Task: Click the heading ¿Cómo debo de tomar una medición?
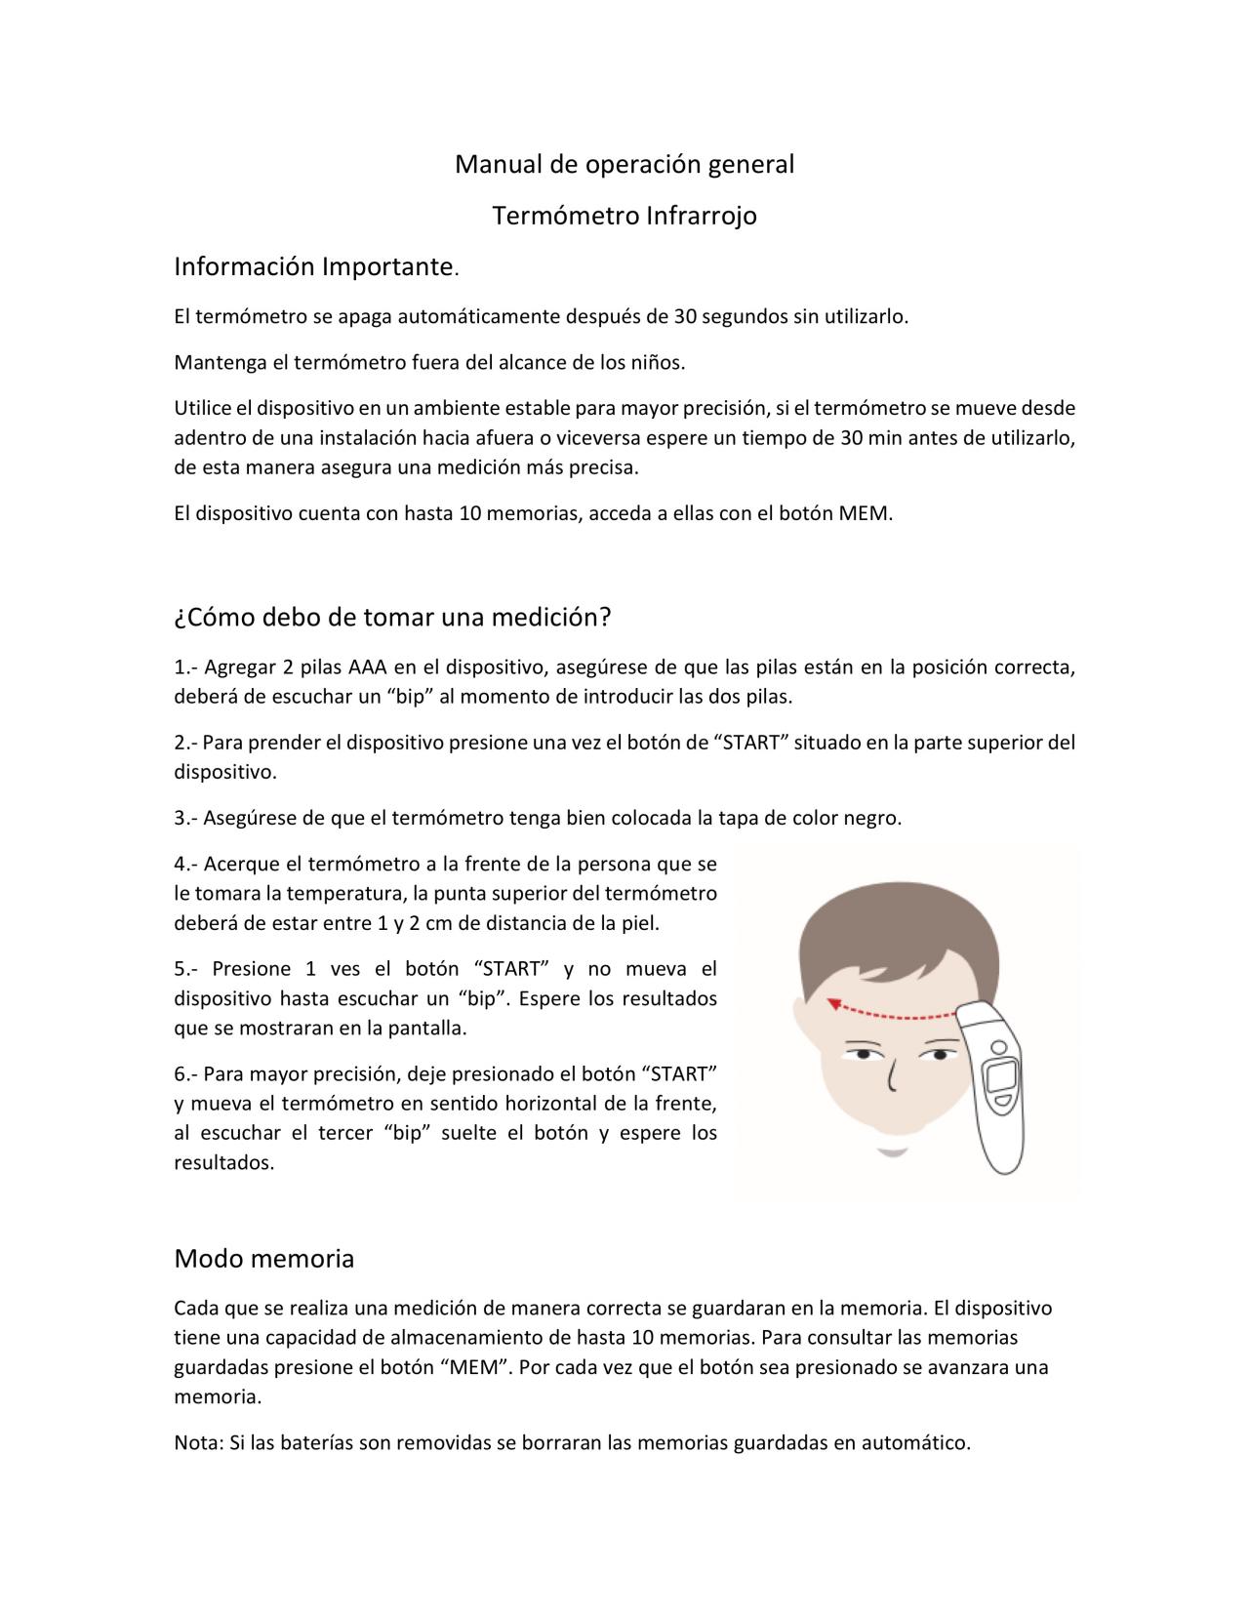click(392, 617)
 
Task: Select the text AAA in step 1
click(368, 667)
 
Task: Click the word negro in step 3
click(871, 818)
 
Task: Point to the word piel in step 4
click(641, 922)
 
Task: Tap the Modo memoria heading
click(263, 1259)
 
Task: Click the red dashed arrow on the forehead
click(888, 1010)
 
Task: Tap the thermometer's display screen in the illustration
click(1002, 1076)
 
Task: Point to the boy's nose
click(891, 1075)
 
